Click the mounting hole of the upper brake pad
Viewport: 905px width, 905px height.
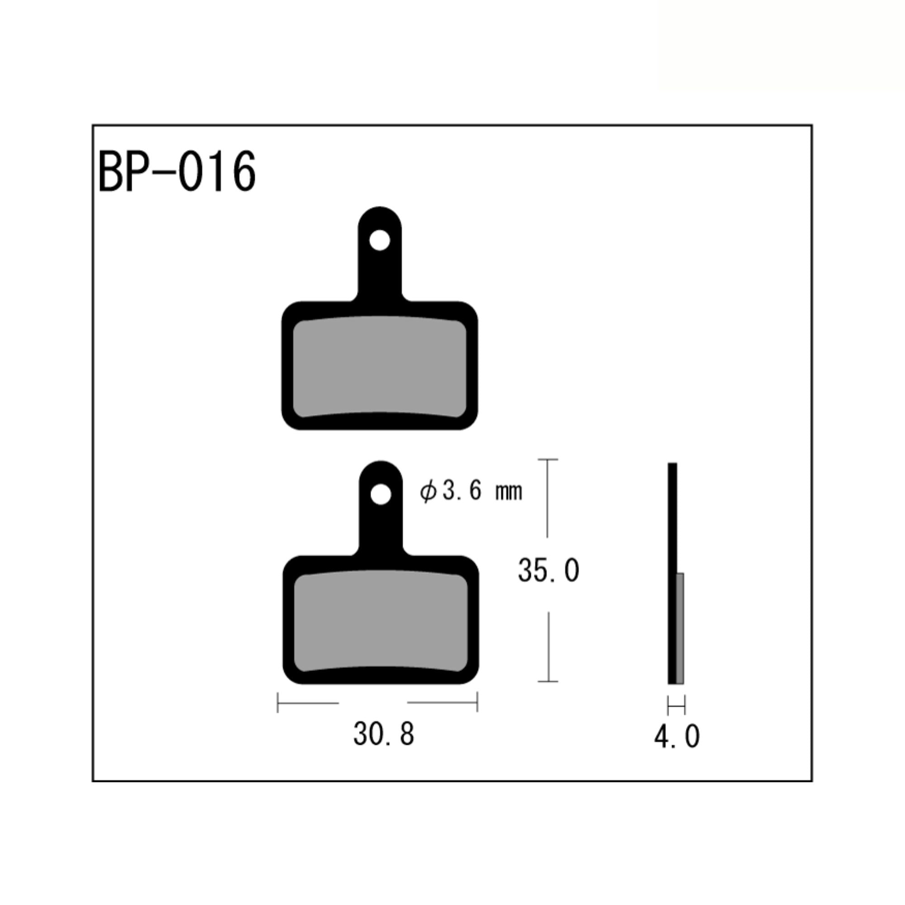pos(380,241)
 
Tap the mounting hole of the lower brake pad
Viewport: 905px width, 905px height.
pos(381,494)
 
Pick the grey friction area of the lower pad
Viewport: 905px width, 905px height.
pos(381,621)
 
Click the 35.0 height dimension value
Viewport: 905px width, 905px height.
pos(548,571)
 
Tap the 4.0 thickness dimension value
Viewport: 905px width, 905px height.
pos(677,736)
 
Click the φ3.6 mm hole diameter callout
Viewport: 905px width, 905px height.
pos(470,491)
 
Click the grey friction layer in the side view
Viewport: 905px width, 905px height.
pos(680,628)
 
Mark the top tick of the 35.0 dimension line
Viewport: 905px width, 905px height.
pos(548,460)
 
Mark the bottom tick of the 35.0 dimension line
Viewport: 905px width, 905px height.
pos(548,681)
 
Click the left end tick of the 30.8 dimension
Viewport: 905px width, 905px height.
pos(278,703)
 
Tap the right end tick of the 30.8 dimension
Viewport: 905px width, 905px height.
pos(477,703)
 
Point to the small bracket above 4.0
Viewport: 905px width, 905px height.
pos(676,705)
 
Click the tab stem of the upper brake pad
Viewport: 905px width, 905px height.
pos(380,276)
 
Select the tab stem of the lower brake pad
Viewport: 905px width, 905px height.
pos(381,529)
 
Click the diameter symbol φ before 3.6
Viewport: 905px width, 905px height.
pos(428,492)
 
